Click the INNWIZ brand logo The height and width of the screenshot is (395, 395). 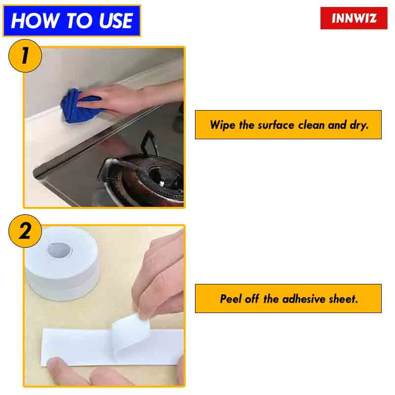354,18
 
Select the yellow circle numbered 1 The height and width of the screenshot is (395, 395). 25,56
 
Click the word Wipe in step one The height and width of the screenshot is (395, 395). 223,125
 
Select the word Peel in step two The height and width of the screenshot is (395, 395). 230,299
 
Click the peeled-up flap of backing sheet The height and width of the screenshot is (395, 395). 129,336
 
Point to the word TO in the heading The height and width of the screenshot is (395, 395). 77,21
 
